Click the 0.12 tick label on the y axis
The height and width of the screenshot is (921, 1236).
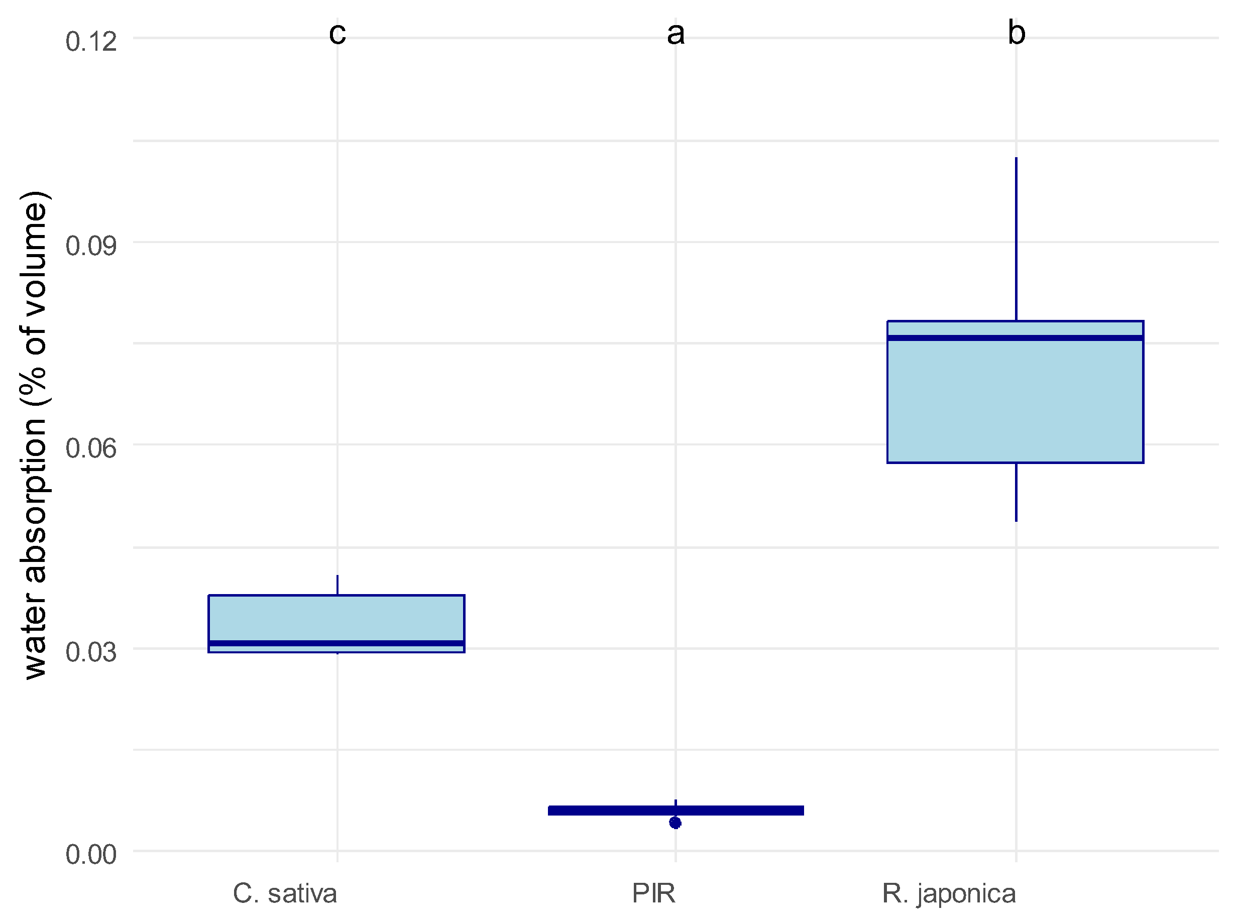91,42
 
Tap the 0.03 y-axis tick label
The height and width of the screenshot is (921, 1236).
91,652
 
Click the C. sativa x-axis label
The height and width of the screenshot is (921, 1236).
284,894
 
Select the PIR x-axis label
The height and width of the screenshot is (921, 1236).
653,894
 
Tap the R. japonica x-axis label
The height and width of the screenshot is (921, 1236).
948,894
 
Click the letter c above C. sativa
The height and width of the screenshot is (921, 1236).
338,34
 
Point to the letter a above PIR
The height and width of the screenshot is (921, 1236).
675,34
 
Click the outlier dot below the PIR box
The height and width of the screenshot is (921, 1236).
675,823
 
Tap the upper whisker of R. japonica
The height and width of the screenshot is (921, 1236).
1016,240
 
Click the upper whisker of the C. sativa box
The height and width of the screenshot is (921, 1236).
338,585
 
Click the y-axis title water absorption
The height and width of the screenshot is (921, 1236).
35,435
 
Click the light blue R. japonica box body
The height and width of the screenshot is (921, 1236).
1015,401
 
